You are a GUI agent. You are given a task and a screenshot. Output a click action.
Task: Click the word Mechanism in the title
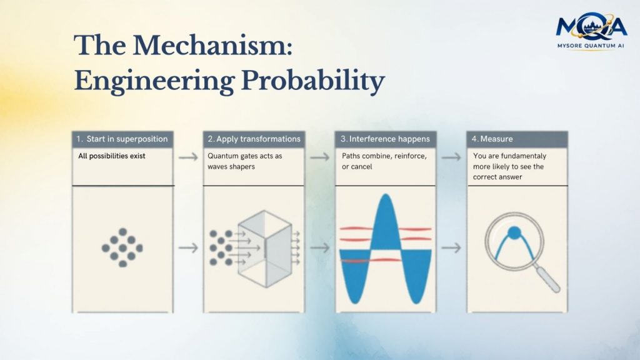(x=212, y=45)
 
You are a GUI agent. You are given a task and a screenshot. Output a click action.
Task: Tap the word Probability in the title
(x=313, y=81)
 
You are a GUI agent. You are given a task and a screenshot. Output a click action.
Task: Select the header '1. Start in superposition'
(x=122, y=139)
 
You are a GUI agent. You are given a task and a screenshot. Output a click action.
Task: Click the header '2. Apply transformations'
(x=254, y=139)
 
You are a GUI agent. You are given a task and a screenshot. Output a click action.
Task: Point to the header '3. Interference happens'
(x=385, y=139)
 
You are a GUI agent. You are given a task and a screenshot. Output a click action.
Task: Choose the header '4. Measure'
(x=492, y=139)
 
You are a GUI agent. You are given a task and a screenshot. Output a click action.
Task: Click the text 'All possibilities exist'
(x=112, y=156)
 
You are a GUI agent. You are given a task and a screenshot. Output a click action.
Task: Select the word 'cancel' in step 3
(x=362, y=166)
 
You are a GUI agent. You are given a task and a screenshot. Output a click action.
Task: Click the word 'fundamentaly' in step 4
(x=523, y=156)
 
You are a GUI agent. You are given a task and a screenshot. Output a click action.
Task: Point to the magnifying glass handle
(x=547, y=278)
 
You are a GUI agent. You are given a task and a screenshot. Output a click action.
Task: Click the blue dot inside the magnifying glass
(x=514, y=232)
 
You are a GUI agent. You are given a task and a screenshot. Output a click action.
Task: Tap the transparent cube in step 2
(x=264, y=249)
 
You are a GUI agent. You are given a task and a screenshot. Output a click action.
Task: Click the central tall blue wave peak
(x=385, y=222)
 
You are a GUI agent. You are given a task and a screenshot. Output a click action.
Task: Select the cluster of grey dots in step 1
(x=122, y=247)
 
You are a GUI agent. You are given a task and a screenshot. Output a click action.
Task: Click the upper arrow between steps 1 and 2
(x=188, y=157)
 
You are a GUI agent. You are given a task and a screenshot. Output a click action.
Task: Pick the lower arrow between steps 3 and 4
(x=451, y=247)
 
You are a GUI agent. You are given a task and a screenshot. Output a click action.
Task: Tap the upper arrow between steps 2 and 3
(x=319, y=157)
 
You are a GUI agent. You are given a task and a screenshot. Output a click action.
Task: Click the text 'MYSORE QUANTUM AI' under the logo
(x=591, y=46)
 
